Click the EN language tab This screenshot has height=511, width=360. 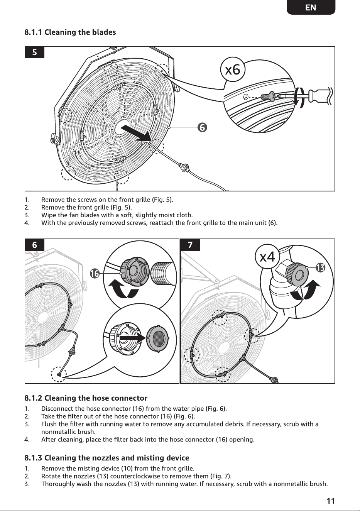pyautogui.click(x=311, y=7)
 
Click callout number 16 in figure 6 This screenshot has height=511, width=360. pyautogui.click(x=95, y=273)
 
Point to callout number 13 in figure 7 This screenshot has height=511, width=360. pyautogui.click(x=320, y=267)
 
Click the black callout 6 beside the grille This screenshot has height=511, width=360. pyautogui.click(x=202, y=127)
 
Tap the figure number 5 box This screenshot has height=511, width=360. pyautogui.click(x=34, y=52)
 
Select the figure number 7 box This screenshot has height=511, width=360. pyautogui.click(x=190, y=245)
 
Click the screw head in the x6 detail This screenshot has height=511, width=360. pyautogui.click(x=272, y=96)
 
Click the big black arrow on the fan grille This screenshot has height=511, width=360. pyautogui.click(x=136, y=134)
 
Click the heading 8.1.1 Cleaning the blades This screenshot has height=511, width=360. pyautogui.click(x=70, y=32)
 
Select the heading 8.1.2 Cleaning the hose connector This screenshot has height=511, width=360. pyautogui.click(x=86, y=398)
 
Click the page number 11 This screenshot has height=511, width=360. pyautogui.click(x=331, y=501)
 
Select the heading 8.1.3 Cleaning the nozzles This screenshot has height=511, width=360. pyautogui.click(x=107, y=458)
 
